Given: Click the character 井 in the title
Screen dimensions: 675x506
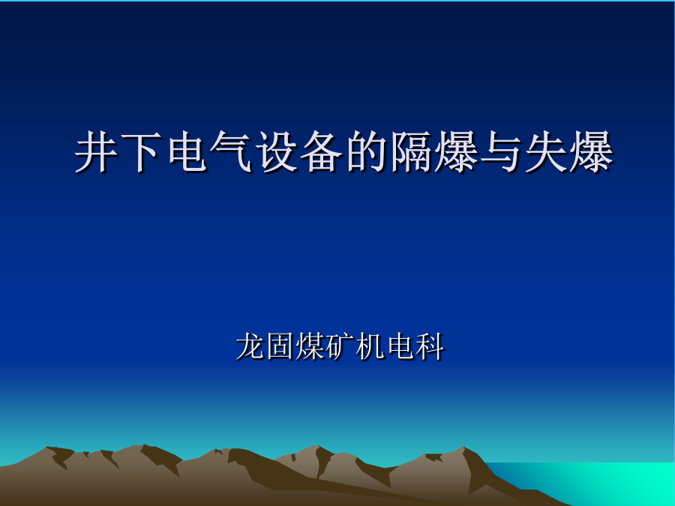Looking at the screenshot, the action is point(97,151).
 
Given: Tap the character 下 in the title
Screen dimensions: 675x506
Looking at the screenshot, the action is point(141,151).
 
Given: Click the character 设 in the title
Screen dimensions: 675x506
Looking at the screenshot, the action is point(276,151).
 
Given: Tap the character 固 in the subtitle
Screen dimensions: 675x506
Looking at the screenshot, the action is point(280,346).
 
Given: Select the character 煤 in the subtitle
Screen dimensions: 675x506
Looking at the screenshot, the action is point(310,346).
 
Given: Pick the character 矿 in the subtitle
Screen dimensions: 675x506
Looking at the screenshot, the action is point(340,346).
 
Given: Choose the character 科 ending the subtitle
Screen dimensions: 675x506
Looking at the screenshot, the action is point(430,346).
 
